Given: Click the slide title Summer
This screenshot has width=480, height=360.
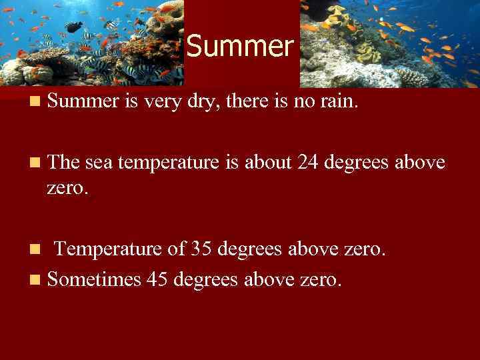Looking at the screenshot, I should pyautogui.click(x=239, y=46).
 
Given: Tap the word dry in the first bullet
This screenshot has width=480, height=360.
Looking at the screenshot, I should pyautogui.click(x=210, y=101).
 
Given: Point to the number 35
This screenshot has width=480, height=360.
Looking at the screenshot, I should pyautogui.click(x=201, y=249).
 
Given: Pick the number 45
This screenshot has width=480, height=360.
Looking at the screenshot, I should pyautogui.click(x=157, y=279).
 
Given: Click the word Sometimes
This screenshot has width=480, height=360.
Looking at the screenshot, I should pyautogui.click(x=94, y=279).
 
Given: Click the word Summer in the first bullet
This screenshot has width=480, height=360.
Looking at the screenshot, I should pyautogui.click(x=82, y=101).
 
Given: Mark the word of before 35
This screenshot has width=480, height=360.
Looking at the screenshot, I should pyautogui.click(x=177, y=249).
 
